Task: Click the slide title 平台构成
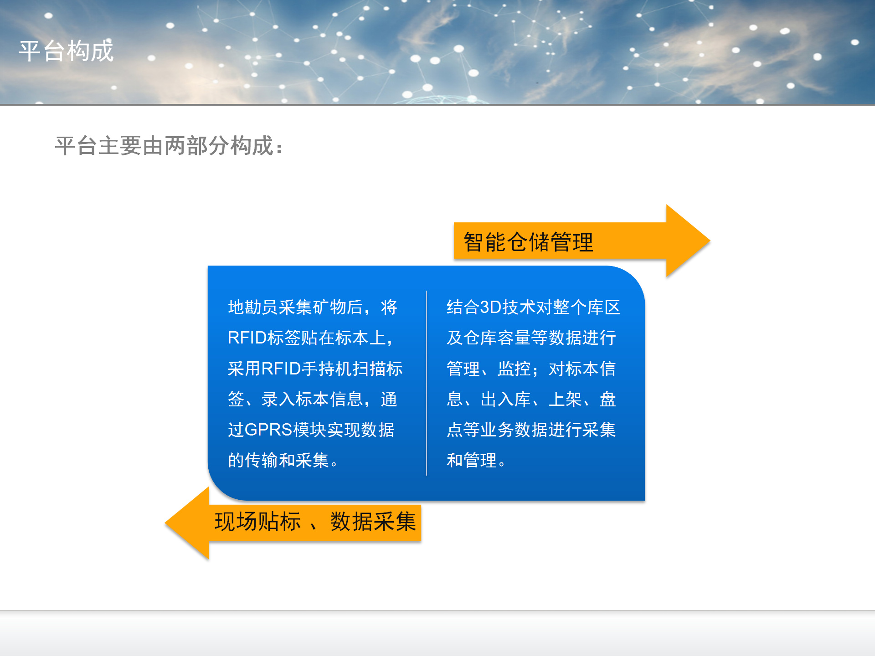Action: (66, 51)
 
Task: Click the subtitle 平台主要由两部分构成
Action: (164, 146)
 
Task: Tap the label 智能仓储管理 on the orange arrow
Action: (529, 242)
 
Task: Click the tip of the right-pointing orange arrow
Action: (710, 241)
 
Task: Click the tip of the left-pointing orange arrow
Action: (165, 523)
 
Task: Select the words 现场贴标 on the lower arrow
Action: (258, 522)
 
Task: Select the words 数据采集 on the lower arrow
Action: (373, 522)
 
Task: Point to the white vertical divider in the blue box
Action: (427, 383)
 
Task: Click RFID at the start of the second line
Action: (247, 338)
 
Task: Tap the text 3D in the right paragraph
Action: (491, 307)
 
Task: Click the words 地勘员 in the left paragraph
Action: (253, 307)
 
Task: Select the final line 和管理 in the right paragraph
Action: (472, 460)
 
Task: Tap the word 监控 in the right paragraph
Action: (514, 369)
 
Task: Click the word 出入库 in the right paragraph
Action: (506, 399)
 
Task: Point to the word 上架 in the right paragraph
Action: (565, 399)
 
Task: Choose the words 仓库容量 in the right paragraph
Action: (497, 338)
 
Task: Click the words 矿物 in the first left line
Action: (329, 307)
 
